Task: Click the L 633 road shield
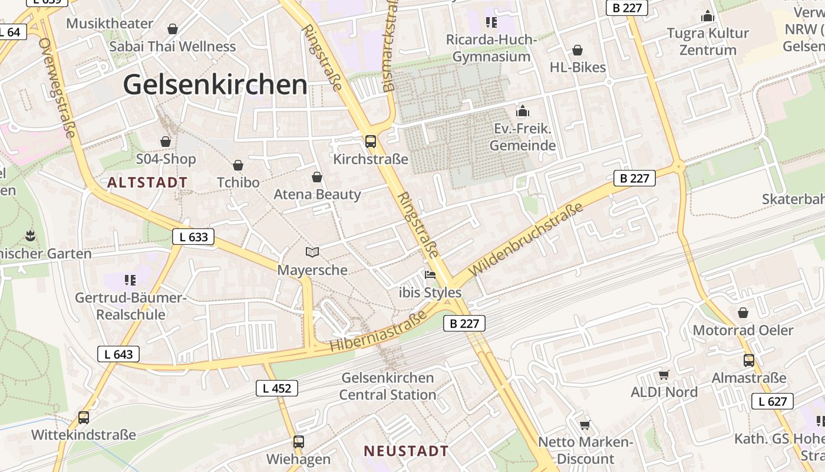coord(193,237)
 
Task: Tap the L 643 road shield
coord(118,354)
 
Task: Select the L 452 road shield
coord(277,388)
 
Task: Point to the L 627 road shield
coord(772,402)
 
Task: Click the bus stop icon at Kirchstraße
coord(370,142)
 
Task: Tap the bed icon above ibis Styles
coord(430,275)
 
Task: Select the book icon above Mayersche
coord(312,253)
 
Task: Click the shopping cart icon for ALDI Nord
coord(664,375)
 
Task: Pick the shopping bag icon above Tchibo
coord(238,165)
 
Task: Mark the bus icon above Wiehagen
coord(299,441)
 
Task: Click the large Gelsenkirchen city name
coord(215,85)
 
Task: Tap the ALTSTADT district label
coord(147,182)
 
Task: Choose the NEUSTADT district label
coord(406,451)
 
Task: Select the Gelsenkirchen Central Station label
coord(388,386)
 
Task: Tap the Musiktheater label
coord(110,24)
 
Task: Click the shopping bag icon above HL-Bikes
coord(577,50)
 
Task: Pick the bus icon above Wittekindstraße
coord(84,418)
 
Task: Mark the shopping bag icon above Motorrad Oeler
coord(743,313)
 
